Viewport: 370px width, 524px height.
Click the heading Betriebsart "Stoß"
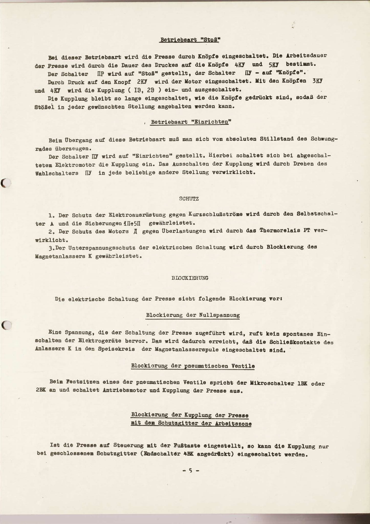tap(190, 40)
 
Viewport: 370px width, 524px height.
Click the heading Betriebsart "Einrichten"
tap(191, 122)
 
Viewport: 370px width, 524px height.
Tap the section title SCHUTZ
tap(189, 198)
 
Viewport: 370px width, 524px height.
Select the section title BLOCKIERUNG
tap(190, 278)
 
